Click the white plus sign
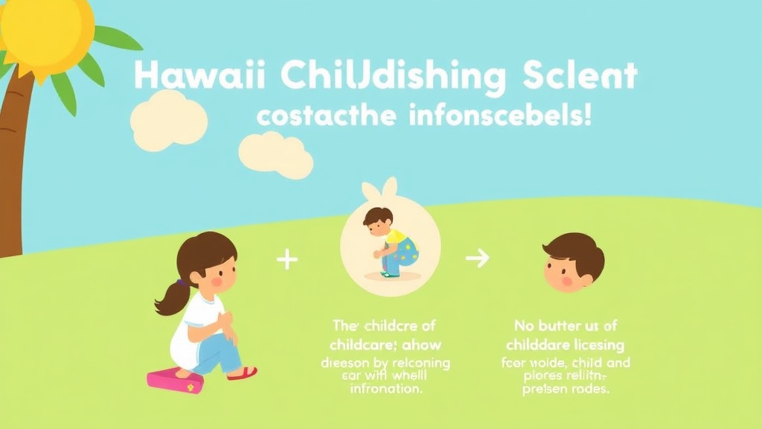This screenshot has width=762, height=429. (x=286, y=259)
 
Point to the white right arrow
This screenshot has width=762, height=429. (x=477, y=258)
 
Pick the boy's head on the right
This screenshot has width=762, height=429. (x=573, y=261)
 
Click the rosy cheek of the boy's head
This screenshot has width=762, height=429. (x=567, y=282)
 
